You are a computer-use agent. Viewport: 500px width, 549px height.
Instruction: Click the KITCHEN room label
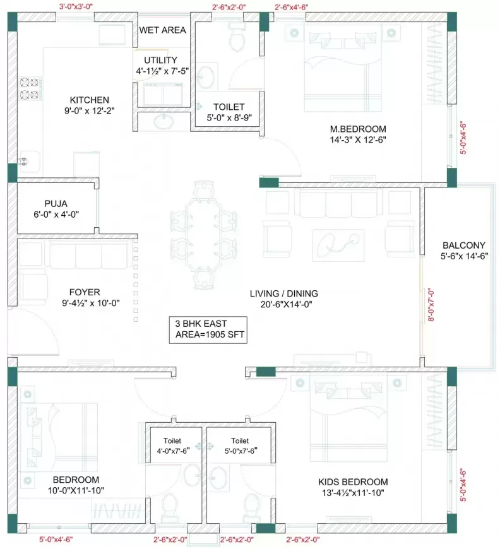click(x=90, y=100)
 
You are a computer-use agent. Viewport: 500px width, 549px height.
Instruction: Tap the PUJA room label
click(x=56, y=203)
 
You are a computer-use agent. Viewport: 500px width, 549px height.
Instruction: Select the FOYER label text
click(x=85, y=292)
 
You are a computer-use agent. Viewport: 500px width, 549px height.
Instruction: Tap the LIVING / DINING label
click(x=283, y=293)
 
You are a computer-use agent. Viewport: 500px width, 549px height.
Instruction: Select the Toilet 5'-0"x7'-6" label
click(x=239, y=446)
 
